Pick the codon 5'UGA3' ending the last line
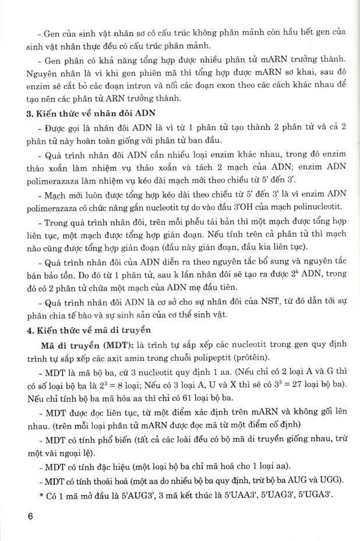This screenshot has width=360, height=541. tap(331, 497)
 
